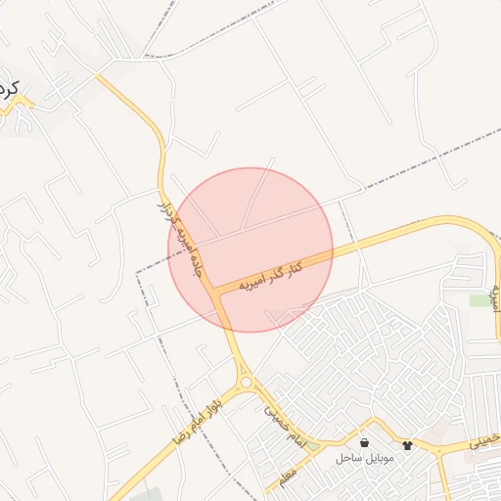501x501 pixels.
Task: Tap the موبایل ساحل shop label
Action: pyautogui.click(x=363, y=458)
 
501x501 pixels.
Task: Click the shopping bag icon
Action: pyautogui.click(x=364, y=442)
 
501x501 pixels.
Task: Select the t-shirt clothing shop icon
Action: pyautogui.click(x=407, y=444)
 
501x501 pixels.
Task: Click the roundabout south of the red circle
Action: pyautogui.click(x=247, y=383)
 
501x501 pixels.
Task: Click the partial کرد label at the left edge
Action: pyautogui.click(x=10, y=89)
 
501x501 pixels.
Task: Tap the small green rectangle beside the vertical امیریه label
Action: pyautogui.click(x=478, y=300)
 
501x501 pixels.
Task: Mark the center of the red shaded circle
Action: pyautogui.click(x=250, y=250)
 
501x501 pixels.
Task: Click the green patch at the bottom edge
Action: pyautogui.click(x=145, y=493)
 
